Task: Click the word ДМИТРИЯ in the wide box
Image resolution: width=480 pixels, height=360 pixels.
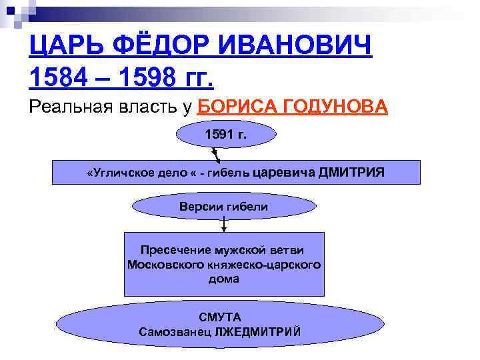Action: tap(352, 173)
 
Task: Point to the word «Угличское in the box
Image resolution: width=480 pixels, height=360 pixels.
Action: tap(117, 173)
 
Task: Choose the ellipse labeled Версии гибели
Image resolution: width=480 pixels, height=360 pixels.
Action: tap(223, 207)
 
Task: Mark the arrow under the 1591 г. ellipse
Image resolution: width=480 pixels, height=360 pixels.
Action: tap(217, 155)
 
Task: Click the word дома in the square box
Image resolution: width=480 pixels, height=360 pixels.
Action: tap(223, 279)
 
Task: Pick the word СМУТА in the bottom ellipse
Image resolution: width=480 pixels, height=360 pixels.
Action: tap(219, 317)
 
